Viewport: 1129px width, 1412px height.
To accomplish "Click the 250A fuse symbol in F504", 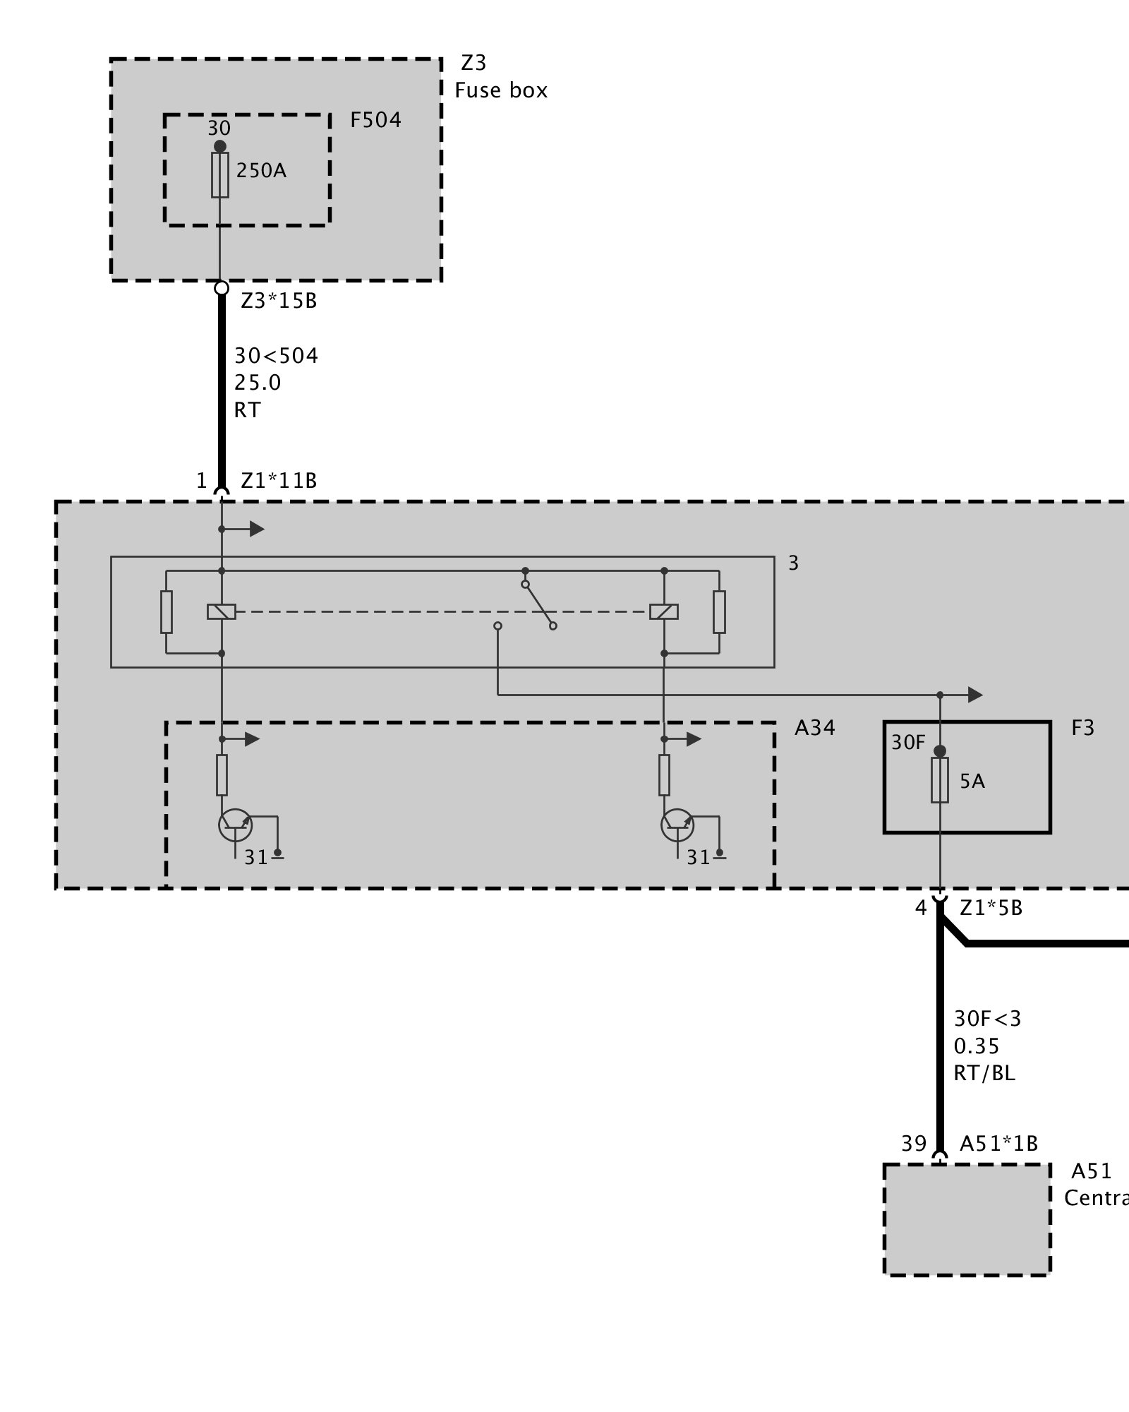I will (x=220, y=174).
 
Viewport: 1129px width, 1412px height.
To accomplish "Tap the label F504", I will (x=375, y=121).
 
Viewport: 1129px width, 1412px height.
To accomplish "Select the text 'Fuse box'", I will (x=501, y=91).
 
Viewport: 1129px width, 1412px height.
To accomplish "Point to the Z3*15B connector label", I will (x=279, y=301).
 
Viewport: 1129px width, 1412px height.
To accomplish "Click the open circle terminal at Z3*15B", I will (x=221, y=288).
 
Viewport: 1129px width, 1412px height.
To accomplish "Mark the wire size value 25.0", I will (x=258, y=383).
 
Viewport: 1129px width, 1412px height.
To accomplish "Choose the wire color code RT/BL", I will (x=984, y=1074).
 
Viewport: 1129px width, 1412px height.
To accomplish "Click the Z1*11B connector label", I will (x=279, y=481).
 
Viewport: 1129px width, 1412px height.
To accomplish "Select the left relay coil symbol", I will (x=222, y=611).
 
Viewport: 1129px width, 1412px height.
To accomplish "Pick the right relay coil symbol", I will (x=664, y=611).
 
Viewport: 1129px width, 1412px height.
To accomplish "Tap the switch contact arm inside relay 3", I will (x=539, y=605).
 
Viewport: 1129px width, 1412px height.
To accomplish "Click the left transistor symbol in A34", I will (x=235, y=825).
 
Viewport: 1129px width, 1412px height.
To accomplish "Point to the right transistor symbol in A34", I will (x=677, y=825).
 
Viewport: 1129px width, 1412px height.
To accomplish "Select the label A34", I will (x=815, y=728).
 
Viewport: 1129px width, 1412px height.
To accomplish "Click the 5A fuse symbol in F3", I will (x=940, y=780).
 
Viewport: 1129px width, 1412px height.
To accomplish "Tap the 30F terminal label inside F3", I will (x=908, y=743).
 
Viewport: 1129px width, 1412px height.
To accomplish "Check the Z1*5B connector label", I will (x=991, y=908).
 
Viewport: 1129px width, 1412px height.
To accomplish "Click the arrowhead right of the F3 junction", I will (x=975, y=695).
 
